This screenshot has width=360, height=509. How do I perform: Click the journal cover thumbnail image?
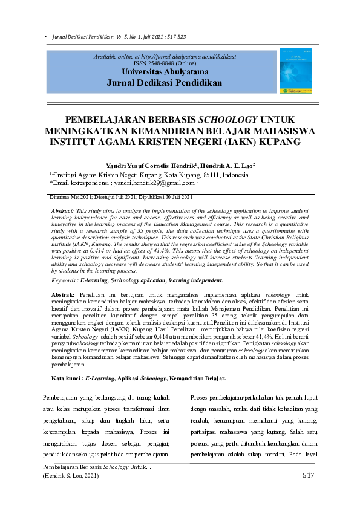295,71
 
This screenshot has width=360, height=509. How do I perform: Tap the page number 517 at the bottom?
308,475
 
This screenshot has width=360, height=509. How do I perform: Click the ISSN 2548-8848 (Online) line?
165,62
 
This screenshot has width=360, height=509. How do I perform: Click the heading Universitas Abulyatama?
165,71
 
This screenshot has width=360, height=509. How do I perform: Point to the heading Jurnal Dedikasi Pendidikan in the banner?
165,83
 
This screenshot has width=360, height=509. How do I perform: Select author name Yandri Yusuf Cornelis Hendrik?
149,165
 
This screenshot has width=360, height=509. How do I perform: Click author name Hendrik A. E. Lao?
226,165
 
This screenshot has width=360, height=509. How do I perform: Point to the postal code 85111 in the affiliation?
211,175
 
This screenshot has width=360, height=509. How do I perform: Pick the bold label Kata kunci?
66,378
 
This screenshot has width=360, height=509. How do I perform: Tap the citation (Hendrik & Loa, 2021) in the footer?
70,476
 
